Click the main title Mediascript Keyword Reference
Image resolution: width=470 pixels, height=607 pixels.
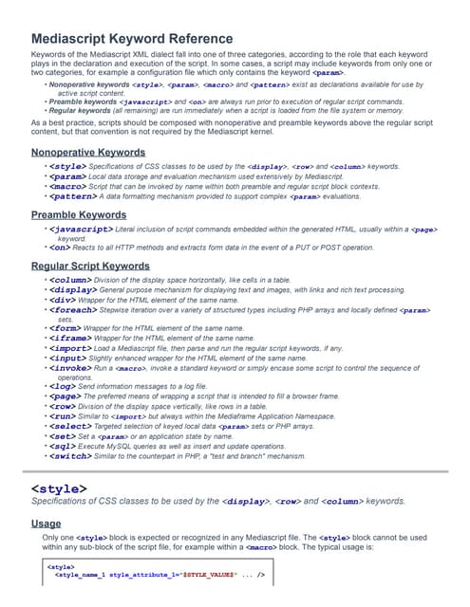pos(132,39)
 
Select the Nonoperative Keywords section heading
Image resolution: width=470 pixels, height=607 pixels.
pos(88,152)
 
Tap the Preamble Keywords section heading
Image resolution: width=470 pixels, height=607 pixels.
pos(80,215)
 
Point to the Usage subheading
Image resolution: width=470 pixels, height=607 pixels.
pos(47,523)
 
